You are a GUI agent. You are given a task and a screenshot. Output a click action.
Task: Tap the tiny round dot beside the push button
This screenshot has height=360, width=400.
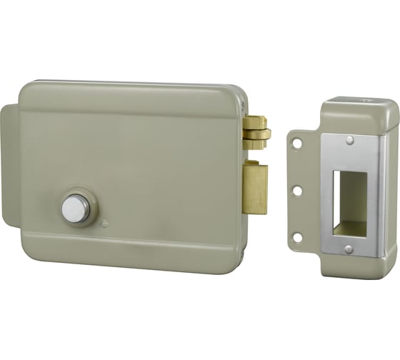pos(104,223)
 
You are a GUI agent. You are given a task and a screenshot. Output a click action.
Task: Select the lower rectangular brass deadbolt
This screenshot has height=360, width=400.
pos(256,187)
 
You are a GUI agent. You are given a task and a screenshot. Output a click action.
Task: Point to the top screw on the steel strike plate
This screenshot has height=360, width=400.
pos(349,140)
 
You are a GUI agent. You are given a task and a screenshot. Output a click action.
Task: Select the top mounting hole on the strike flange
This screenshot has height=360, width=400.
pos(298,144)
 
